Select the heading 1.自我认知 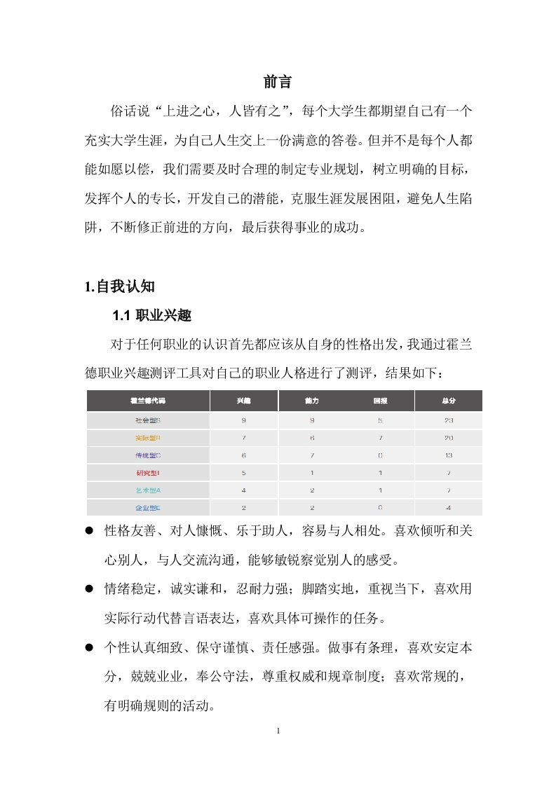click(x=119, y=287)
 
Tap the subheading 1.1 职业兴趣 click(x=151, y=316)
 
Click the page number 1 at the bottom click(x=278, y=731)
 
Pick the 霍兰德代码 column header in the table click(x=148, y=401)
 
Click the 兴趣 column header click(x=243, y=401)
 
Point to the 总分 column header click(x=449, y=401)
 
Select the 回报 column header click(x=380, y=401)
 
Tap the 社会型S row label click(x=148, y=420)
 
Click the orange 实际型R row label click(x=148, y=438)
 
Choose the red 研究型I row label click(x=148, y=473)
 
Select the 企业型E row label click(x=148, y=507)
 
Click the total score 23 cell click(x=449, y=420)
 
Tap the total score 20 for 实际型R click(x=449, y=438)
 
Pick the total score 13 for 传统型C click(x=449, y=455)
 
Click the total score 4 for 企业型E click(x=449, y=507)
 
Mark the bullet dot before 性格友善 click(x=90, y=532)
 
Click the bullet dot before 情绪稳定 click(x=90, y=590)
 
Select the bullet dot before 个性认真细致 click(x=90, y=648)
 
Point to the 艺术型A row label click(x=148, y=490)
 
